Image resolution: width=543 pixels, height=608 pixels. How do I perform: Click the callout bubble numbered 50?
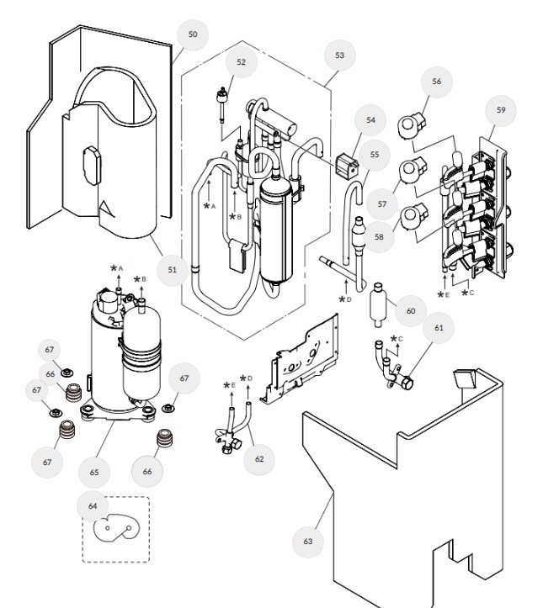tap(193, 34)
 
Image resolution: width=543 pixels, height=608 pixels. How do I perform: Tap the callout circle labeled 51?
tap(172, 269)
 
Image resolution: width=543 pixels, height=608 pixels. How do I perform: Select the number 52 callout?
tap(241, 61)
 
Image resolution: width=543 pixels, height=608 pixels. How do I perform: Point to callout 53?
tap(339, 55)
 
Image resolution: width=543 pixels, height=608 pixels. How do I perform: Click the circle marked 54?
tap(370, 120)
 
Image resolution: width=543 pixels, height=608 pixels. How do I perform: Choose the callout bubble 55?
tap(374, 154)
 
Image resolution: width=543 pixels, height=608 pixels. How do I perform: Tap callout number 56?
tap(436, 82)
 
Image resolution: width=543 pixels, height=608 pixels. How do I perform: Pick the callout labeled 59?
tap(500, 109)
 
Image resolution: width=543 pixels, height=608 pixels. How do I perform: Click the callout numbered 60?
tap(410, 310)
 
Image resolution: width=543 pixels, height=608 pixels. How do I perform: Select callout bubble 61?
tap(438, 327)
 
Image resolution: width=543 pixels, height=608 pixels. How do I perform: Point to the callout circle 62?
tap(259, 458)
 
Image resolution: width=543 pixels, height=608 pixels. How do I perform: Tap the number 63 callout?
tap(307, 541)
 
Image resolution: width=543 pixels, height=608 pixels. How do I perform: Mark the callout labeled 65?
tap(94, 473)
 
